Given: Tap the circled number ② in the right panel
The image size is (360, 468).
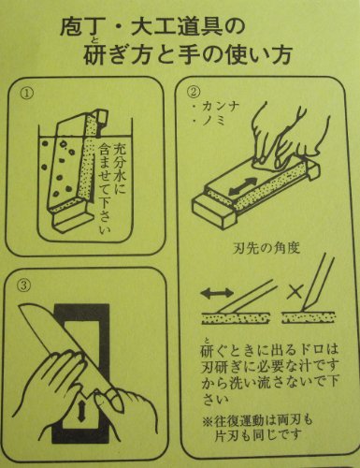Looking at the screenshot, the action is (193, 92).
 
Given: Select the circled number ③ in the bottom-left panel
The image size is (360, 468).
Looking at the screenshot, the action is (24, 285).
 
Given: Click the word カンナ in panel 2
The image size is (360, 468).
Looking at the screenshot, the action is (221, 108).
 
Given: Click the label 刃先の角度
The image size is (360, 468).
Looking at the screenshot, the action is (266, 248).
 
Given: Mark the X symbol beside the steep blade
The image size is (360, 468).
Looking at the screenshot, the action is (295, 291).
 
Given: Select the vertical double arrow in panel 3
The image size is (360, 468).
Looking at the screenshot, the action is (81, 411).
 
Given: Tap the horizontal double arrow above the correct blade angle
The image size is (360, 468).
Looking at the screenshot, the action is (217, 293).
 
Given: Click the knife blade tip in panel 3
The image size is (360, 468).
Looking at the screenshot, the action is (21, 306).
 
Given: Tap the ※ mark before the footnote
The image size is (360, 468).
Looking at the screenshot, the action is (208, 421).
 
